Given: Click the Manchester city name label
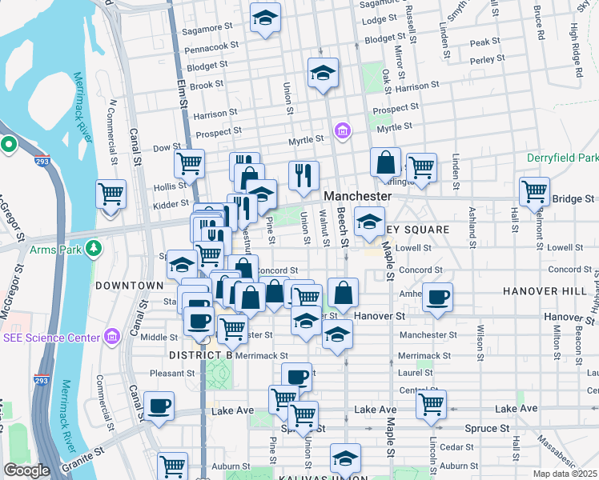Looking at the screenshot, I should point(358,196).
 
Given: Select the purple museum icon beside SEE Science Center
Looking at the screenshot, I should point(111,337).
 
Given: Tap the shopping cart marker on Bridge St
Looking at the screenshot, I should point(534,192).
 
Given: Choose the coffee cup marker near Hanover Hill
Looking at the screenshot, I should point(437,298).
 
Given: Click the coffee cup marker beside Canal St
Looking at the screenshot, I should point(159,406).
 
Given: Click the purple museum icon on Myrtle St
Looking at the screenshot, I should point(344,130).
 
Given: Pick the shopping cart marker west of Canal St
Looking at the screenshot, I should point(111,194).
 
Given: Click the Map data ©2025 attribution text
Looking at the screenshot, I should point(565,474).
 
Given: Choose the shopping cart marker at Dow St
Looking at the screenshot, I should point(189,163).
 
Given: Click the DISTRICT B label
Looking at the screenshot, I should point(200,354).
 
